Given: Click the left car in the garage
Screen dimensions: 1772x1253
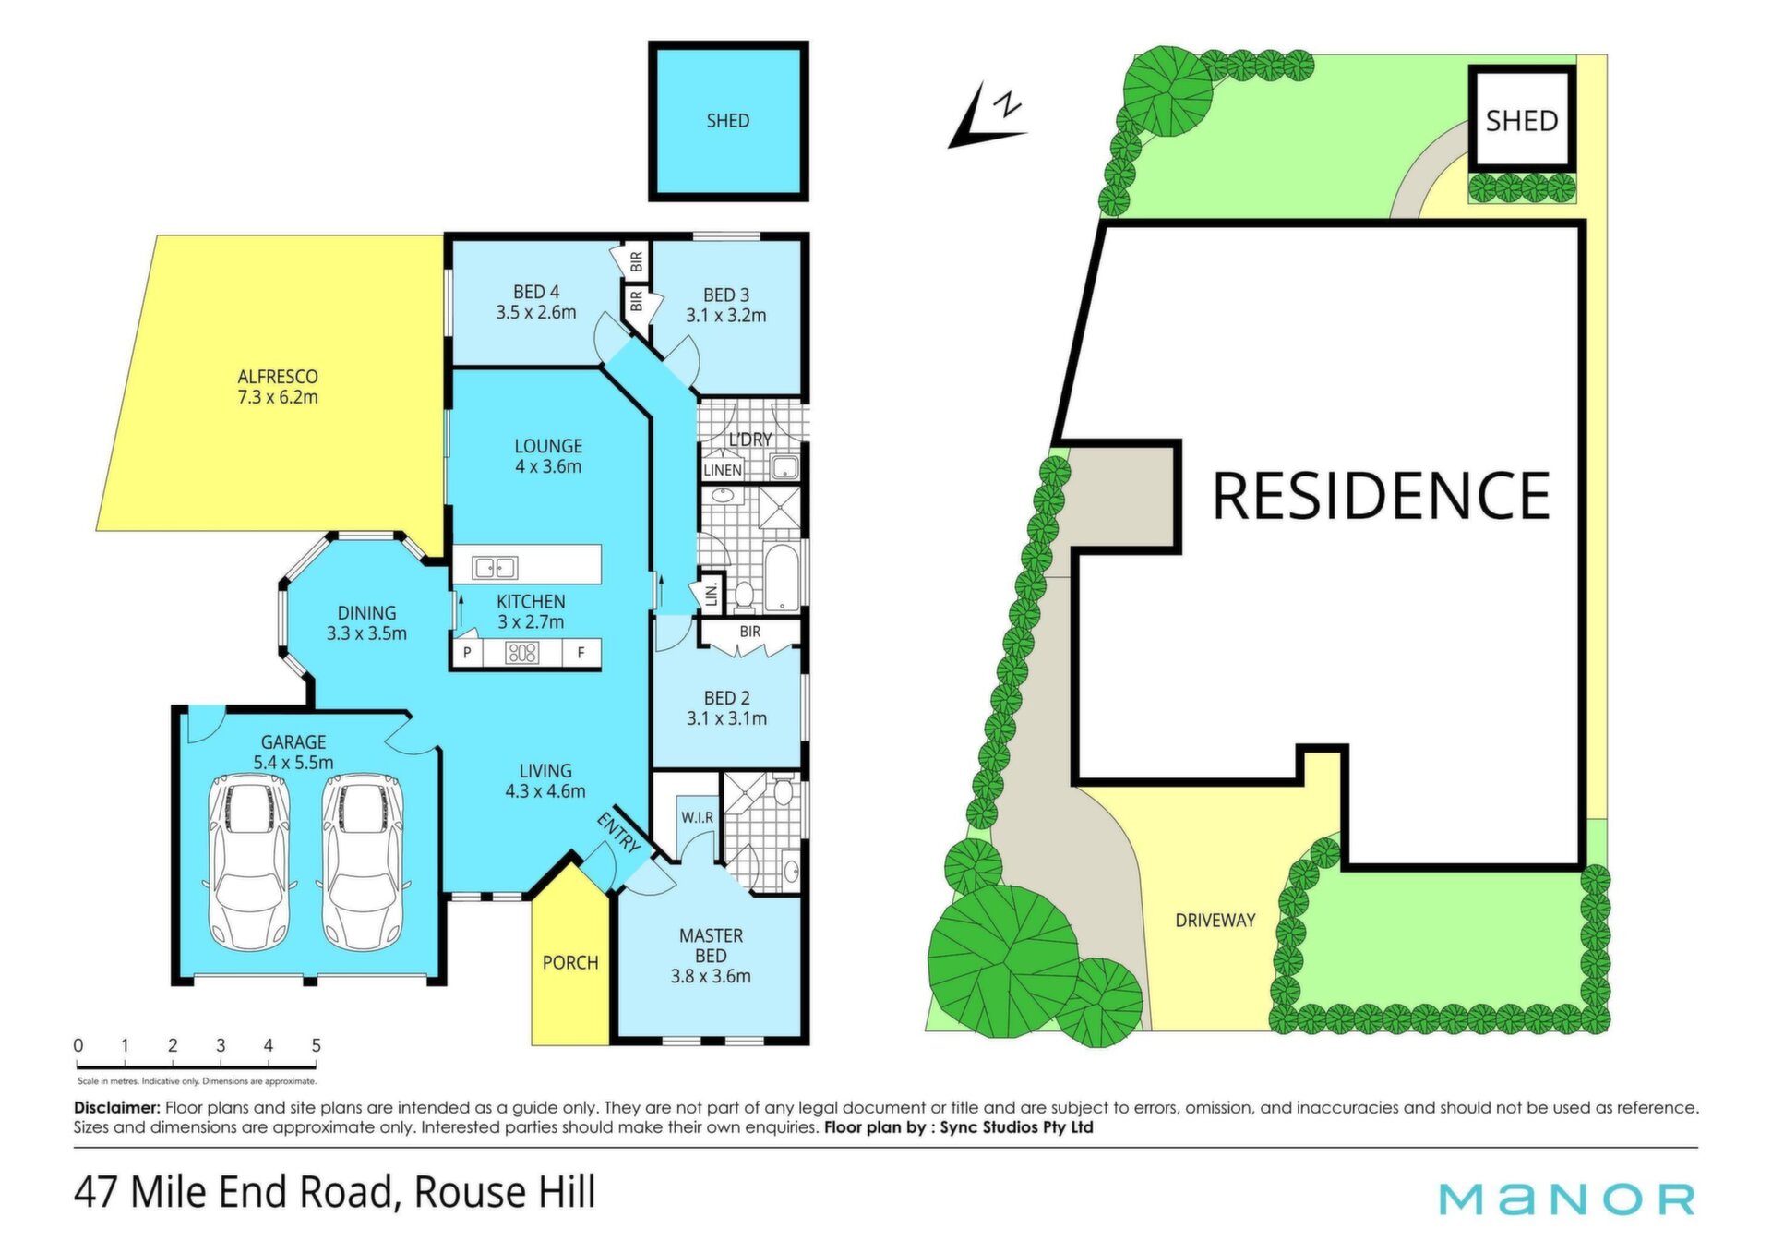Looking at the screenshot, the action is click(x=249, y=861).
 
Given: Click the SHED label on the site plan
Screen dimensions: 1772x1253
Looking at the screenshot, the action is click(x=1522, y=121).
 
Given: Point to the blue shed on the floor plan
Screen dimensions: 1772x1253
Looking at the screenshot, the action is click(x=728, y=121).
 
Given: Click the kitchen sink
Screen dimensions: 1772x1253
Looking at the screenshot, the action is click(x=495, y=567).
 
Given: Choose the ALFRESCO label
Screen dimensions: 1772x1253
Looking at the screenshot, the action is click(x=278, y=377).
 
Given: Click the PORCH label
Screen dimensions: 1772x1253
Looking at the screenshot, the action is click(x=570, y=963).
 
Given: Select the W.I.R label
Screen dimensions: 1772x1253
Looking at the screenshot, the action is click(x=697, y=818).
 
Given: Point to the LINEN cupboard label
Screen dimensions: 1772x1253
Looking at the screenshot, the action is click(x=723, y=470).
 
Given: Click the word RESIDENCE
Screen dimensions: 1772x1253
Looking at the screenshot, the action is click(x=1381, y=496).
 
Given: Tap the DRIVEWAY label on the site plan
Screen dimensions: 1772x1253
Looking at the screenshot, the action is click(x=1215, y=921).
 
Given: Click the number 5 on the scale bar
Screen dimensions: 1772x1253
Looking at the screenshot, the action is click(x=316, y=1045).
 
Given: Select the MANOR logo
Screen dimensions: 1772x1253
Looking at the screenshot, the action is click(x=1567, y=1199).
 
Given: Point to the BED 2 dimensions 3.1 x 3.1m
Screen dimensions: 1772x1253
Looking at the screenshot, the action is click(x=726, y=718).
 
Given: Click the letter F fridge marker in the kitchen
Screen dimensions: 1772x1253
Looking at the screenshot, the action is click(x=581, y=653).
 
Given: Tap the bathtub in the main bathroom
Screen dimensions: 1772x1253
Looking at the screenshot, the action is click(x=782, y=579).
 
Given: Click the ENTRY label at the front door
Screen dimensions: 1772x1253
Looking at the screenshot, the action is click(x=618, y=832).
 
